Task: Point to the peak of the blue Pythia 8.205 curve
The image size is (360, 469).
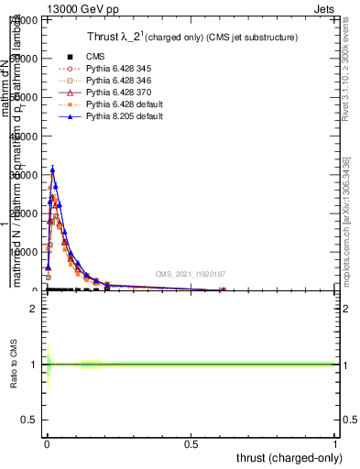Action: [53, 169]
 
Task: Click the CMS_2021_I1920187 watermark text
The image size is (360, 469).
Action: [191, 274]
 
